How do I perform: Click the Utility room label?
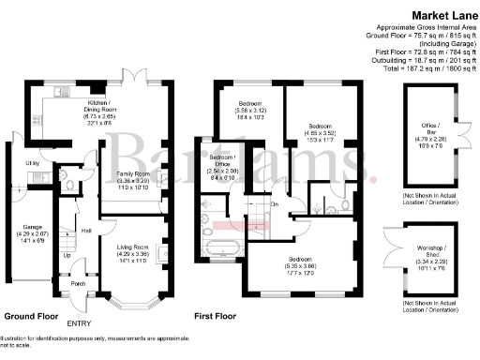30,163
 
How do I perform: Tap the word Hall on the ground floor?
85,231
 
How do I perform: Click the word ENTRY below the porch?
79,323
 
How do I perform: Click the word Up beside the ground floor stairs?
67,255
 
